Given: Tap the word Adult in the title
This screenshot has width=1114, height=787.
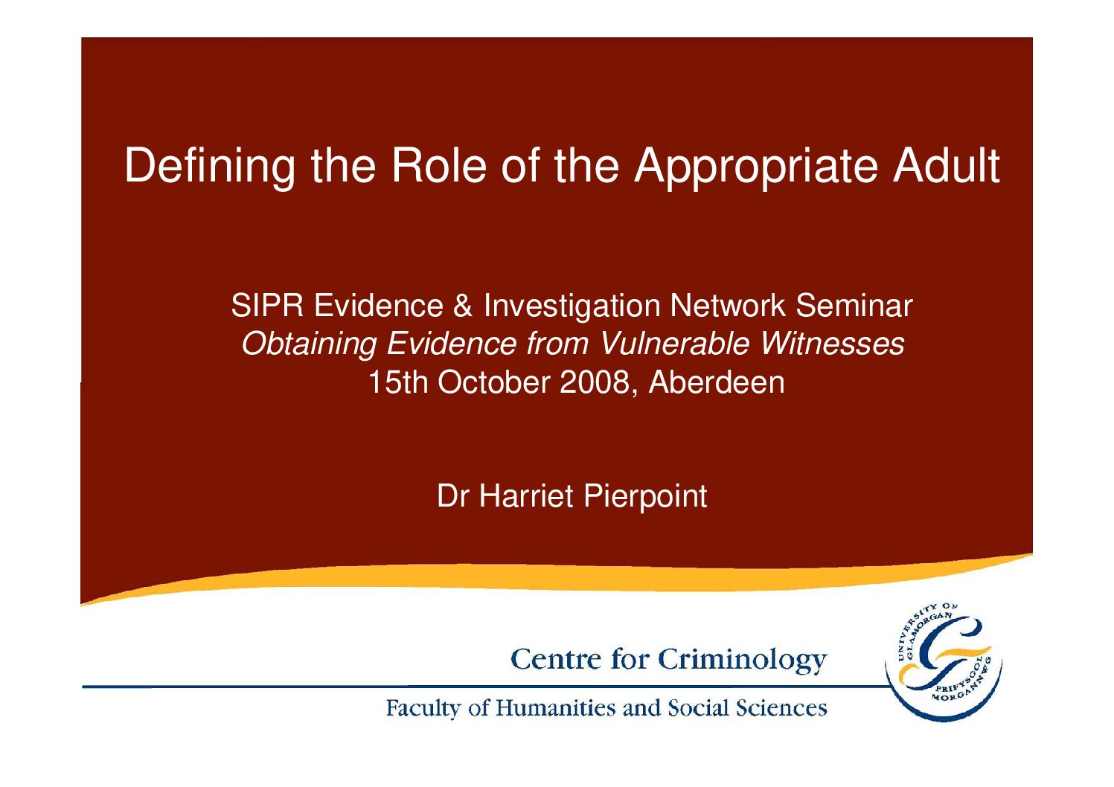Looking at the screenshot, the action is pos(947,165).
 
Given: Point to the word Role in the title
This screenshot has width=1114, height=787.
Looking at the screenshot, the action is pos(438,165).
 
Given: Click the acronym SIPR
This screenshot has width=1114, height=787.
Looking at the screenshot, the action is pos(267,305).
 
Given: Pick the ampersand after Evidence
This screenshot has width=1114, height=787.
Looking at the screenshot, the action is pos(463,305).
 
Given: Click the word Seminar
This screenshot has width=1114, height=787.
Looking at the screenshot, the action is pos(854,305).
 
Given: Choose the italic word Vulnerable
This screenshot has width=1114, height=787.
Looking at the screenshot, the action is pos(675,344).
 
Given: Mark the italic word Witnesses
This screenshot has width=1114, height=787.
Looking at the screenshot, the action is pos(832,344).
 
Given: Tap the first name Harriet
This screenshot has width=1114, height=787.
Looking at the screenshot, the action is pos(526,496).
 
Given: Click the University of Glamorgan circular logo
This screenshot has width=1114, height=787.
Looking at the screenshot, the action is pos(944,662).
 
